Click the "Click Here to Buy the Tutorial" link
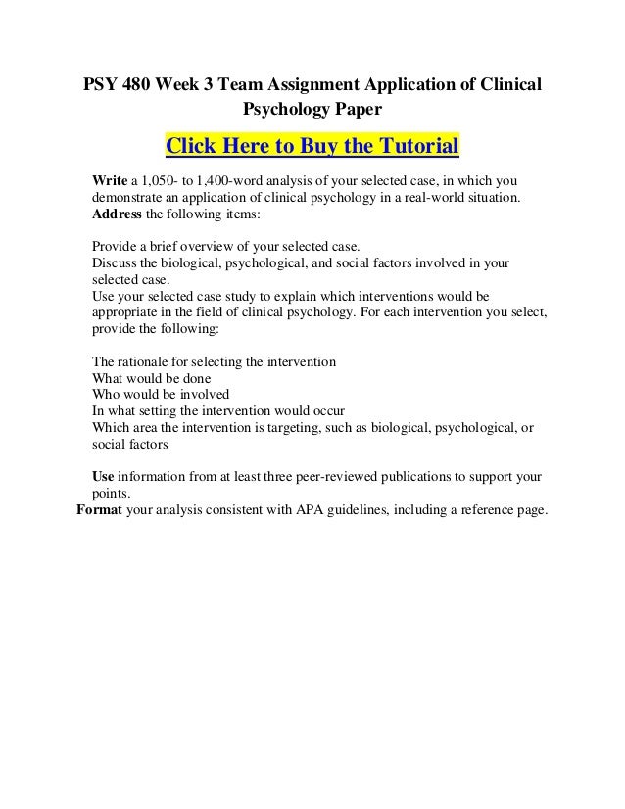point(312,147)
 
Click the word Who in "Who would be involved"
point(105,395)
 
